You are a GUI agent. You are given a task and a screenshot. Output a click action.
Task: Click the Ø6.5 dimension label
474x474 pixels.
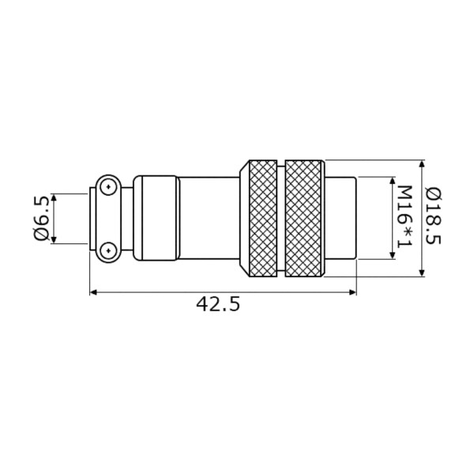point(41,218)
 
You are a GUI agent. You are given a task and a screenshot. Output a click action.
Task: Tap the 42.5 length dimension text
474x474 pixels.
point(218,304)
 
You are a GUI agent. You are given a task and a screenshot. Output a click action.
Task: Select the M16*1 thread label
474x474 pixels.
point(404,216)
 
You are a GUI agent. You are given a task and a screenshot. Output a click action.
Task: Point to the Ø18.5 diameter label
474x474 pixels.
point(433,216)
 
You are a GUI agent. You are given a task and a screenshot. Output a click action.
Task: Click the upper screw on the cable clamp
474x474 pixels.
point(108,186)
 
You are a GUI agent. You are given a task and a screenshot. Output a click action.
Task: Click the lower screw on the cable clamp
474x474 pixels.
point(108,250)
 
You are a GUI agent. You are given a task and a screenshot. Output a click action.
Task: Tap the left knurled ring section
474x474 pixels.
point(262,218)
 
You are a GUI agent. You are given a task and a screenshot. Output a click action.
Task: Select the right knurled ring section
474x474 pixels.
point(303,218)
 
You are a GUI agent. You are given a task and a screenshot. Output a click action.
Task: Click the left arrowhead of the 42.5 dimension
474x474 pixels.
point(93,292)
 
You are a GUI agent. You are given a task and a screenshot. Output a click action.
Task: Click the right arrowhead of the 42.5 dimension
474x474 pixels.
point(353,292)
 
